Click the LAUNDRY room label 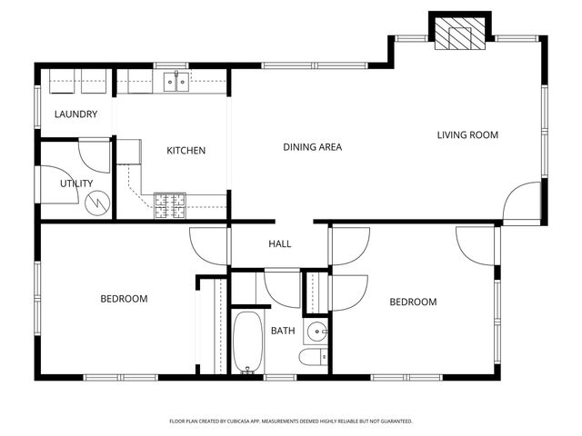coord(75,114)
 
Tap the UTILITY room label coord(76,183)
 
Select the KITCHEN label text coord(186,151)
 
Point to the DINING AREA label coord(312,146)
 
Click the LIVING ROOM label coord(467,135)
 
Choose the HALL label coord(279,244)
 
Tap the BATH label coord(282,331)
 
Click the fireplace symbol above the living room coord(458,35)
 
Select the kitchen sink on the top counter coord(176,84)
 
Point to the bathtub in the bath coord(247,342)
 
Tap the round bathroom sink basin coord(316,331)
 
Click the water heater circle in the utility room coord(96,203)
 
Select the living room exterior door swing coord(524,201)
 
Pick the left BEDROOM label coord(124,299)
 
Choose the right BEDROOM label coord(413,302)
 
